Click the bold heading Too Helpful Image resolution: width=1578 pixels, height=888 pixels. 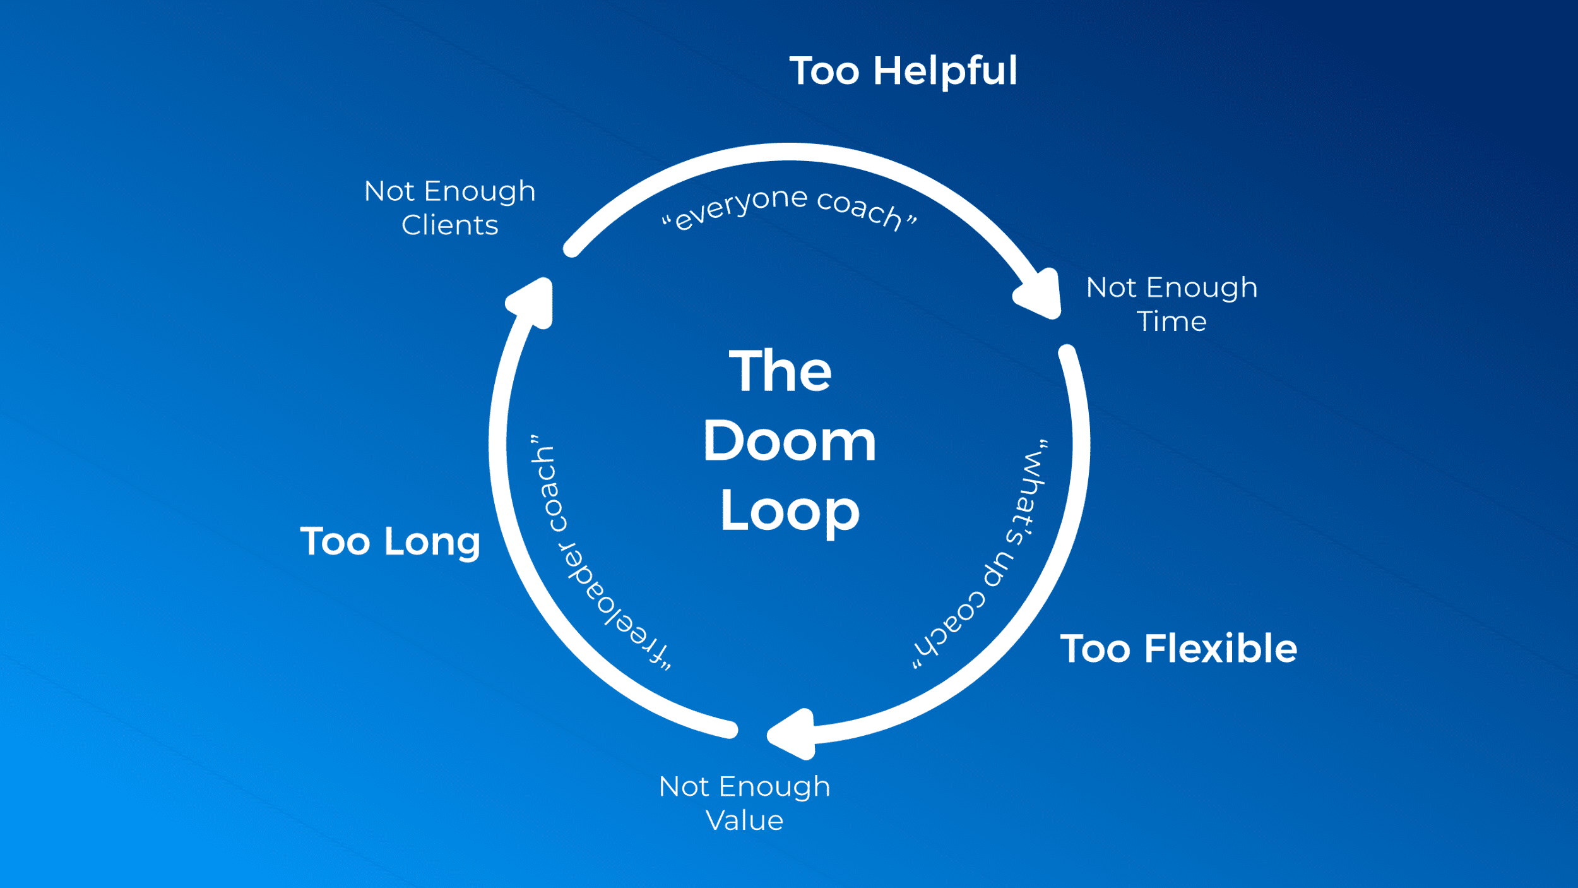pos(903,71)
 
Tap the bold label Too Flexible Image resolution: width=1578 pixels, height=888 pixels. pos(1178,649)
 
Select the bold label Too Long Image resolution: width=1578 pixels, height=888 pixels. pos(390,541)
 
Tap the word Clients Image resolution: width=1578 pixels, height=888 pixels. pos(450,225)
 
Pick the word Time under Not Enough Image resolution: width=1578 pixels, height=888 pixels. pos(1172,322)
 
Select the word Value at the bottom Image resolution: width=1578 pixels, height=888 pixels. pos(745,820)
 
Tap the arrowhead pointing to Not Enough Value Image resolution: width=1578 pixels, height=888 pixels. pos(793,734)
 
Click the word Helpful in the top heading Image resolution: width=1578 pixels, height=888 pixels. pos(945,71)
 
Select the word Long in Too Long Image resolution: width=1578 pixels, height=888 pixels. pos(432,543)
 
